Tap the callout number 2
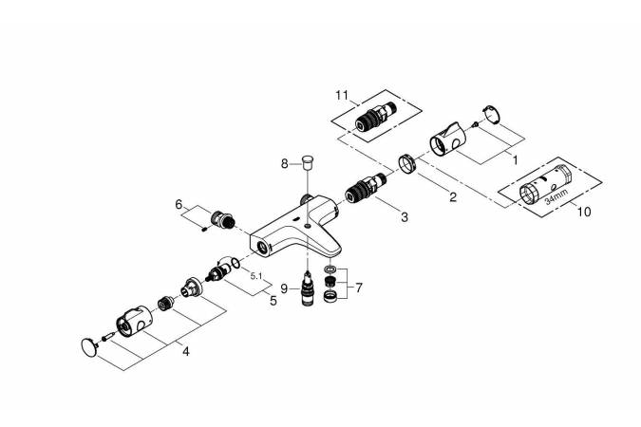[x=453, y=197]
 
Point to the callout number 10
[x=583, y=213]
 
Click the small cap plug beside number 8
[x=307, y=158]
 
